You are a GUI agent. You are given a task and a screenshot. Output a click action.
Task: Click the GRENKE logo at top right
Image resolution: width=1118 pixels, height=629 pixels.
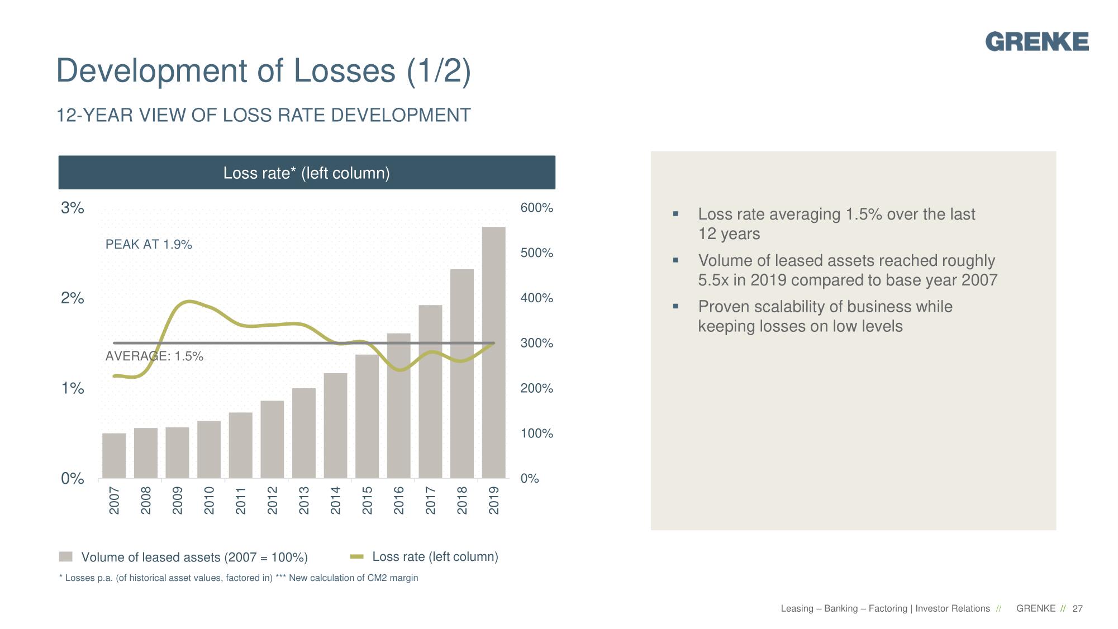click(x=1036, y=42)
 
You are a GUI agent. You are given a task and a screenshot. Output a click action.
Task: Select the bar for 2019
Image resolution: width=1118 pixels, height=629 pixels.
click(x=493, y=352)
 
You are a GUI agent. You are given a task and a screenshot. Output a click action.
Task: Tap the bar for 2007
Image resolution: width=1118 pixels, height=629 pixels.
click(x=114, y=455)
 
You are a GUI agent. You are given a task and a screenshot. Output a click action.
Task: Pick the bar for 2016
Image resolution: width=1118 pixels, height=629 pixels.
click(x=398, y=406)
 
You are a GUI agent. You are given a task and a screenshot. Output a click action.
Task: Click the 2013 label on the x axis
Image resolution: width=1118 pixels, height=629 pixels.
click(x=304, y=500)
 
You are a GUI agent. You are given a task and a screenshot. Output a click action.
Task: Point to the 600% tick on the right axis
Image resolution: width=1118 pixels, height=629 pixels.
click(x=536, y=208)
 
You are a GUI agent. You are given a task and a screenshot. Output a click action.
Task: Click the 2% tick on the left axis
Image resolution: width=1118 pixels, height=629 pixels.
click(x=73, y=298)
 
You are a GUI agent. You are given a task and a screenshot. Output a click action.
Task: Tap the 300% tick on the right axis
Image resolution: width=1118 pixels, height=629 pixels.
click(x=536, y=343)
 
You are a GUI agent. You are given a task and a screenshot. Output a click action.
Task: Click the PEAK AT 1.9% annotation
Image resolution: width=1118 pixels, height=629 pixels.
click(x=149, y=245)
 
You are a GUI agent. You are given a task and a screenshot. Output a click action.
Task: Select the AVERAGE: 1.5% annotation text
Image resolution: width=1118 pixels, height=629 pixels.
click(x=154, y=356)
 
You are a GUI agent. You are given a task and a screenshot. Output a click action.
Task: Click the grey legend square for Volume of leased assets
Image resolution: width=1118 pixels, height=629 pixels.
click(x=66, y=557)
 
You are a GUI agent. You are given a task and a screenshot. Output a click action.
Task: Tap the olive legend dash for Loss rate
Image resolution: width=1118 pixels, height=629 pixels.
click(x=356, y=556)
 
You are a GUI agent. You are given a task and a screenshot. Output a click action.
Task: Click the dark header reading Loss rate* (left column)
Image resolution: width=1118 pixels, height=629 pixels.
click(x=307, y=173)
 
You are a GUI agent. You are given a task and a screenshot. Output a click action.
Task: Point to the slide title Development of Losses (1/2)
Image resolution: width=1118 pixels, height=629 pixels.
click(x=264, y=71)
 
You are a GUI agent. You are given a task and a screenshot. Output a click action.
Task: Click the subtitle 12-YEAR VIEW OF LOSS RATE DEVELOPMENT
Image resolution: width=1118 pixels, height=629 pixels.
click(x=264, y=116)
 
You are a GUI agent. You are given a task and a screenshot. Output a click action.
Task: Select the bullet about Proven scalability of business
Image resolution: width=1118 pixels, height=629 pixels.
click(x=825, y=316)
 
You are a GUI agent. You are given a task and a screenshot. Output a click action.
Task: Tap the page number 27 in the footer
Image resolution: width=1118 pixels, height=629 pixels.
click(x=1077, y=609)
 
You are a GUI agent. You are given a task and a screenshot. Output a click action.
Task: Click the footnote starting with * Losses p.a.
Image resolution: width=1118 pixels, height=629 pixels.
click(x=239, y=578)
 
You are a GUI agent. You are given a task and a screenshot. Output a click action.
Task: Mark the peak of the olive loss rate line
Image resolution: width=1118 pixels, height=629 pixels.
click(x=189, y=302)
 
